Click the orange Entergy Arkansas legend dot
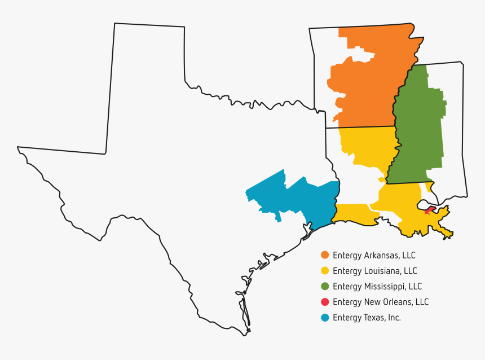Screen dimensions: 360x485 [325, 255]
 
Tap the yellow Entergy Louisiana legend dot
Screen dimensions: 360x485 [325, 271]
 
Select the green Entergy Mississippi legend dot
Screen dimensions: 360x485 [325, 286]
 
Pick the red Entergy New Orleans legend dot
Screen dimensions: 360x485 [325, 302]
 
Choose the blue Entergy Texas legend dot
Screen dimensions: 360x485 [325, 317]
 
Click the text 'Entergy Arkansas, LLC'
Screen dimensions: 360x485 [374, 255]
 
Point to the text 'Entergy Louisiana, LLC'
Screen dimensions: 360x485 [375, 271]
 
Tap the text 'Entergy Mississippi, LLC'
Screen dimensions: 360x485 [377, 286]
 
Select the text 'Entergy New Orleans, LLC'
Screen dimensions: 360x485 [381, 302]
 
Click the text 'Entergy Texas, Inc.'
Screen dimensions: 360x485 [367, 317]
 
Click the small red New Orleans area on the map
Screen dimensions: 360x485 [430, 210]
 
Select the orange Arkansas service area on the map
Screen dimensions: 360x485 [372, 85]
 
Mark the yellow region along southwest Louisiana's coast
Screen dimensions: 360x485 [352, 214]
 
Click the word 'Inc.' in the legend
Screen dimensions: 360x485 [393, 317]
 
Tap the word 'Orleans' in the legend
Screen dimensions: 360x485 [396, 302]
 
